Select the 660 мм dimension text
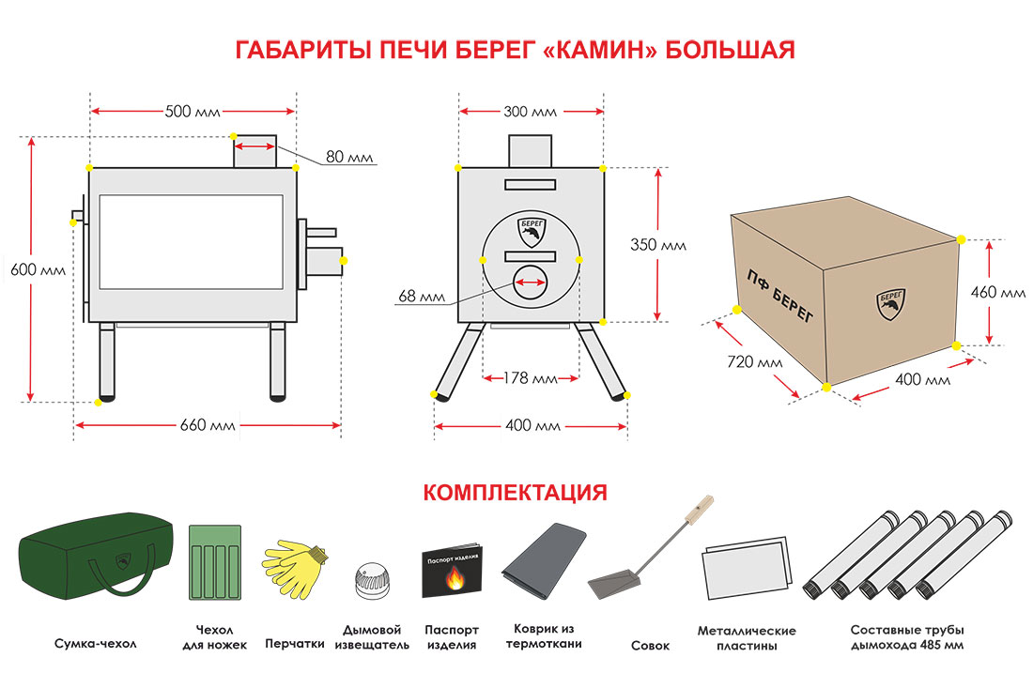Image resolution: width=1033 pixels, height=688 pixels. tap(208, 425)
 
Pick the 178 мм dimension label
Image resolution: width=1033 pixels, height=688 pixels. tap(530, 379)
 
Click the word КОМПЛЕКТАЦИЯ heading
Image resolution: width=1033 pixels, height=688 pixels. tap(515, 493)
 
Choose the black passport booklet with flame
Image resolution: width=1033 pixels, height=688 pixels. tap(453, 571)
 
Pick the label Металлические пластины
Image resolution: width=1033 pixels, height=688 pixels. tap(747, 638)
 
